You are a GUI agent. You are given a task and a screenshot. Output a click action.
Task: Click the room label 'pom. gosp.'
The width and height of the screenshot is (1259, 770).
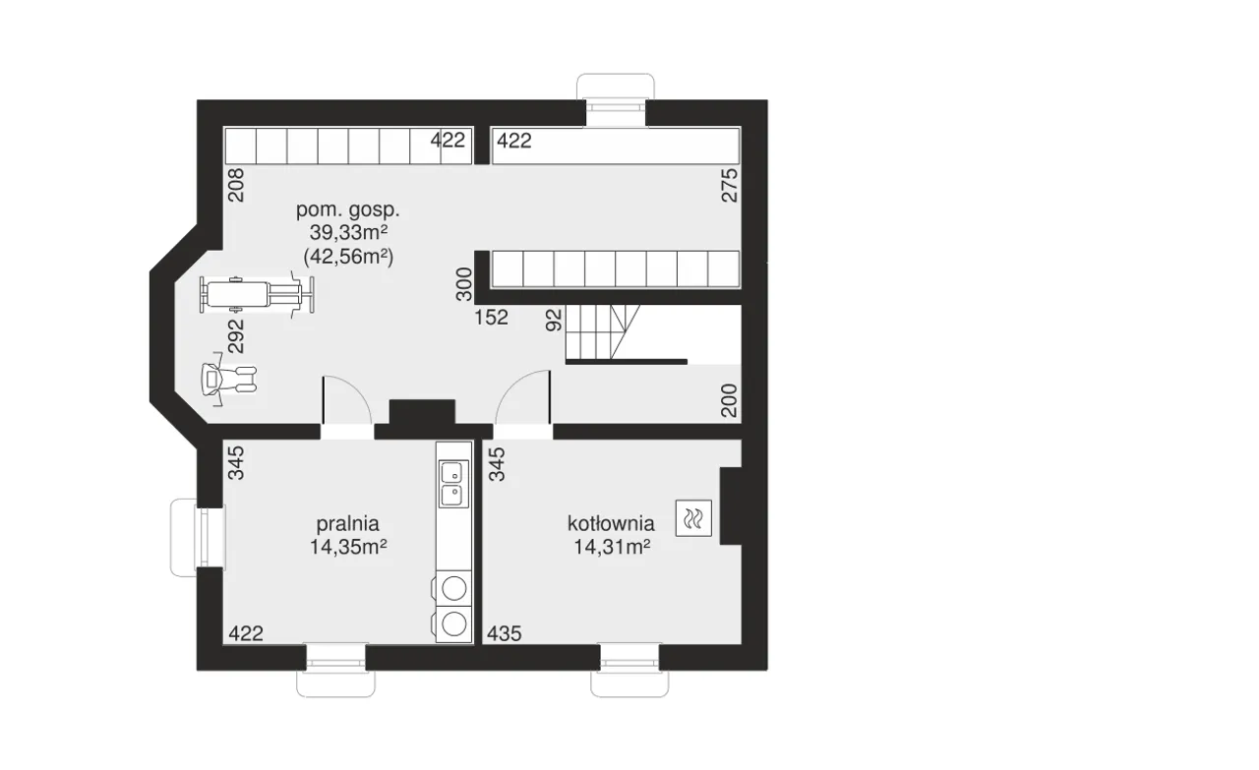point(348,210)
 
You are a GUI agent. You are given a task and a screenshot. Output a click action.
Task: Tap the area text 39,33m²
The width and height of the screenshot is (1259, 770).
point(348,232)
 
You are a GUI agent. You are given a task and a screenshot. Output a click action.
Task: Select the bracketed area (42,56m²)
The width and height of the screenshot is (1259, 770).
point(348,257)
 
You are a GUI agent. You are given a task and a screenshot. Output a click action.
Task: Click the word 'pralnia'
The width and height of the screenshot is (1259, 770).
point(348,524)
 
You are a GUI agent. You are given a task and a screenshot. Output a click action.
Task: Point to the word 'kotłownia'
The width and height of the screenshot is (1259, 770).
point(611,524)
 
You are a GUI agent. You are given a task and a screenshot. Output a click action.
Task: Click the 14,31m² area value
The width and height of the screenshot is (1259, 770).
point(612,547)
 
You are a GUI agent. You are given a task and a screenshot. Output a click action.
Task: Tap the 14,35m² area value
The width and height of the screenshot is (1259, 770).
point(348,547)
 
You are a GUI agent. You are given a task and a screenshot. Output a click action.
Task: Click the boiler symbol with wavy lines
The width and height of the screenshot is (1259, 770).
point(693,518)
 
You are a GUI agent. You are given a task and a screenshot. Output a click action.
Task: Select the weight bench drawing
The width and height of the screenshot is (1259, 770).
point(257,294)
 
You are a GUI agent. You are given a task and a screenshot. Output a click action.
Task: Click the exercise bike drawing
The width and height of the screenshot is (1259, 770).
point(228,379)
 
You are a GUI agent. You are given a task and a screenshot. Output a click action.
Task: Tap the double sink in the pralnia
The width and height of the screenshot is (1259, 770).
point(453,484)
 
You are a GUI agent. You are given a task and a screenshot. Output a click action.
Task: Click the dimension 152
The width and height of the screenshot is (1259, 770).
point(491,318)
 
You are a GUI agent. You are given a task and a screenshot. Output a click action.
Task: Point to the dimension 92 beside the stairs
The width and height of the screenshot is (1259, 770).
point(554,320)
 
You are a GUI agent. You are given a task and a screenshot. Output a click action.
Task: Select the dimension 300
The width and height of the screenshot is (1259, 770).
point(463,284)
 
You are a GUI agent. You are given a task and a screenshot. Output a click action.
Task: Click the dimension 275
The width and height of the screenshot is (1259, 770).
point(729,186)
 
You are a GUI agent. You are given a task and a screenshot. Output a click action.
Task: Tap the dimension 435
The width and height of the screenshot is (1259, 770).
point(505,633)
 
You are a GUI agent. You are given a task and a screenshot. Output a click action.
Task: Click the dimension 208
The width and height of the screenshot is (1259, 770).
point(236,185)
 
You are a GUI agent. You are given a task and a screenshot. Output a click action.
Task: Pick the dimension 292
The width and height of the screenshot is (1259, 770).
point(237,336)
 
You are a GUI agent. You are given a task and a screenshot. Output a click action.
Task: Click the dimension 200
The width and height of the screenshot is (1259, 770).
point(729,400)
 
